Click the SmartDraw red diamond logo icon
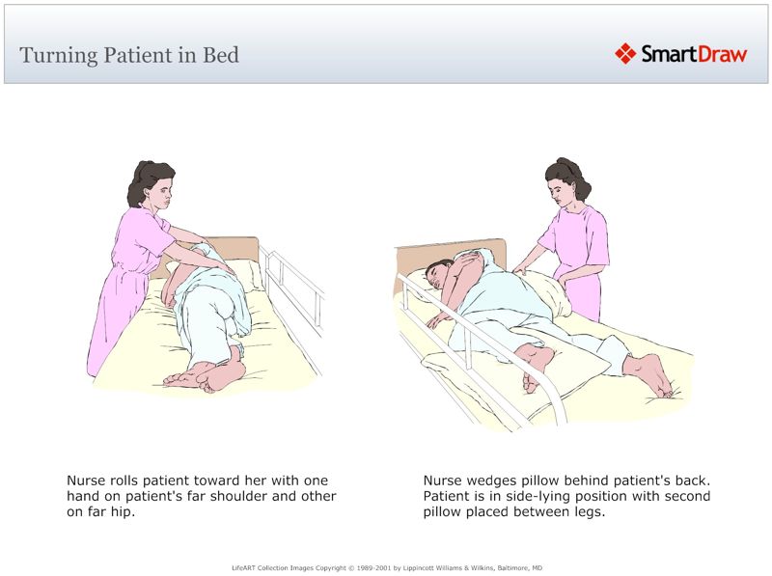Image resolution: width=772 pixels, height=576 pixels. coord(625,54)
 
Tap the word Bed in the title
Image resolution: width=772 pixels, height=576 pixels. coord(220,54)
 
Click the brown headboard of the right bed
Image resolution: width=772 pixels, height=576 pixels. coord(454,252)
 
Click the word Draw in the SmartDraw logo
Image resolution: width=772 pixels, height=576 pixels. coord(720,54)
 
